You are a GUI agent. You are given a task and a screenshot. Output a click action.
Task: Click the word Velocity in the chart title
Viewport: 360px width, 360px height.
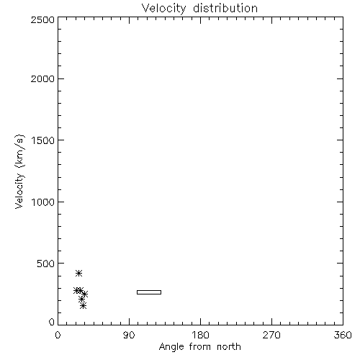(163, 8)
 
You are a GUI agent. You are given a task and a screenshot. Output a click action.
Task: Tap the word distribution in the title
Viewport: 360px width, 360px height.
(225, 8)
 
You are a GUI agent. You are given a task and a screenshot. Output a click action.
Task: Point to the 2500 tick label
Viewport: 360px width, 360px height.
(42, 19)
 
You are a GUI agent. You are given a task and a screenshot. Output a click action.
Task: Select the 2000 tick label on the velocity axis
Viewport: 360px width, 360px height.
(42, 78)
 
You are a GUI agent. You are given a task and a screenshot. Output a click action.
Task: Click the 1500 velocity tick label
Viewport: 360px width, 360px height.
(43, 140)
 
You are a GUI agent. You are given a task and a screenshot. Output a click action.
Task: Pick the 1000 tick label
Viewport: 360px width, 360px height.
(43, 202)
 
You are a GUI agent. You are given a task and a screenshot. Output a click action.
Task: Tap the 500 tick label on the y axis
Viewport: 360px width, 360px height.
(46, 264)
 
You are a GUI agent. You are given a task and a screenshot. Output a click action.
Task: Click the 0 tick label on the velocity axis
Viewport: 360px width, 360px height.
(52, 322)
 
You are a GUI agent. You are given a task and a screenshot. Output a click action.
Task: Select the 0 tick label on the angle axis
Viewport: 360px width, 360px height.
(58, 335)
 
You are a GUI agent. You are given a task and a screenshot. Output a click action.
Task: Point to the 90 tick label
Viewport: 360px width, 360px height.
(129, 335)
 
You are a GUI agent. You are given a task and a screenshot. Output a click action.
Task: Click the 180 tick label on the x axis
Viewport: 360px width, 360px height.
(200, 335)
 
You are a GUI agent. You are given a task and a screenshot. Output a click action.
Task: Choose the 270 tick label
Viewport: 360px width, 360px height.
(271, 335)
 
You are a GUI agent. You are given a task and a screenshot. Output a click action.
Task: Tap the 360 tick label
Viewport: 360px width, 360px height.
(343, 335)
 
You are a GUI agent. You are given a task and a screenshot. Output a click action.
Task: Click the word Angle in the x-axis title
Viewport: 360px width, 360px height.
(171, 347)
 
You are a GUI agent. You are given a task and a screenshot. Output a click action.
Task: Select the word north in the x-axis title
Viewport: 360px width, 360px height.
(229, 347)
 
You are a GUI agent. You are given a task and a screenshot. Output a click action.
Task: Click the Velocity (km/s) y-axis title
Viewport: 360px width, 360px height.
(19, 171)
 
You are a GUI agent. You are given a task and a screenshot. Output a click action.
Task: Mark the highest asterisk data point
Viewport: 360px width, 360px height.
(78, 273)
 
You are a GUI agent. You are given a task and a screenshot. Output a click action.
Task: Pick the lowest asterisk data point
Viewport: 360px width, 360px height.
(83, 306)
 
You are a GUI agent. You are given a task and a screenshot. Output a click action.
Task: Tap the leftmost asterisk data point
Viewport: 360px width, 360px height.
(76, 290)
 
